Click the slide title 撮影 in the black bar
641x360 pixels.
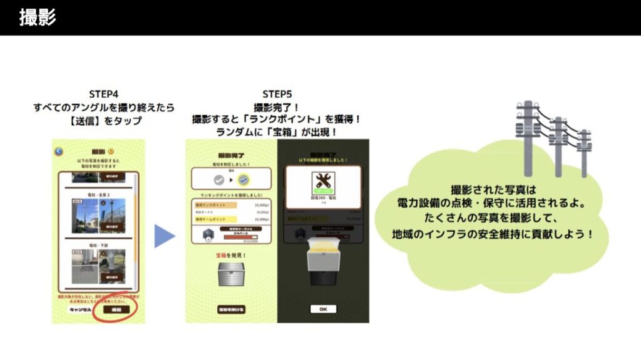coord(38,18)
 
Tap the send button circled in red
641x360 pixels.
coord(116,309)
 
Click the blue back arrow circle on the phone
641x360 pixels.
coord(59,151)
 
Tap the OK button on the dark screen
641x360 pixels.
coord(323,309)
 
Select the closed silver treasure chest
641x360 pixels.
coord(231,273)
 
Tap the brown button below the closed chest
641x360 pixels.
coord(231,309)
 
